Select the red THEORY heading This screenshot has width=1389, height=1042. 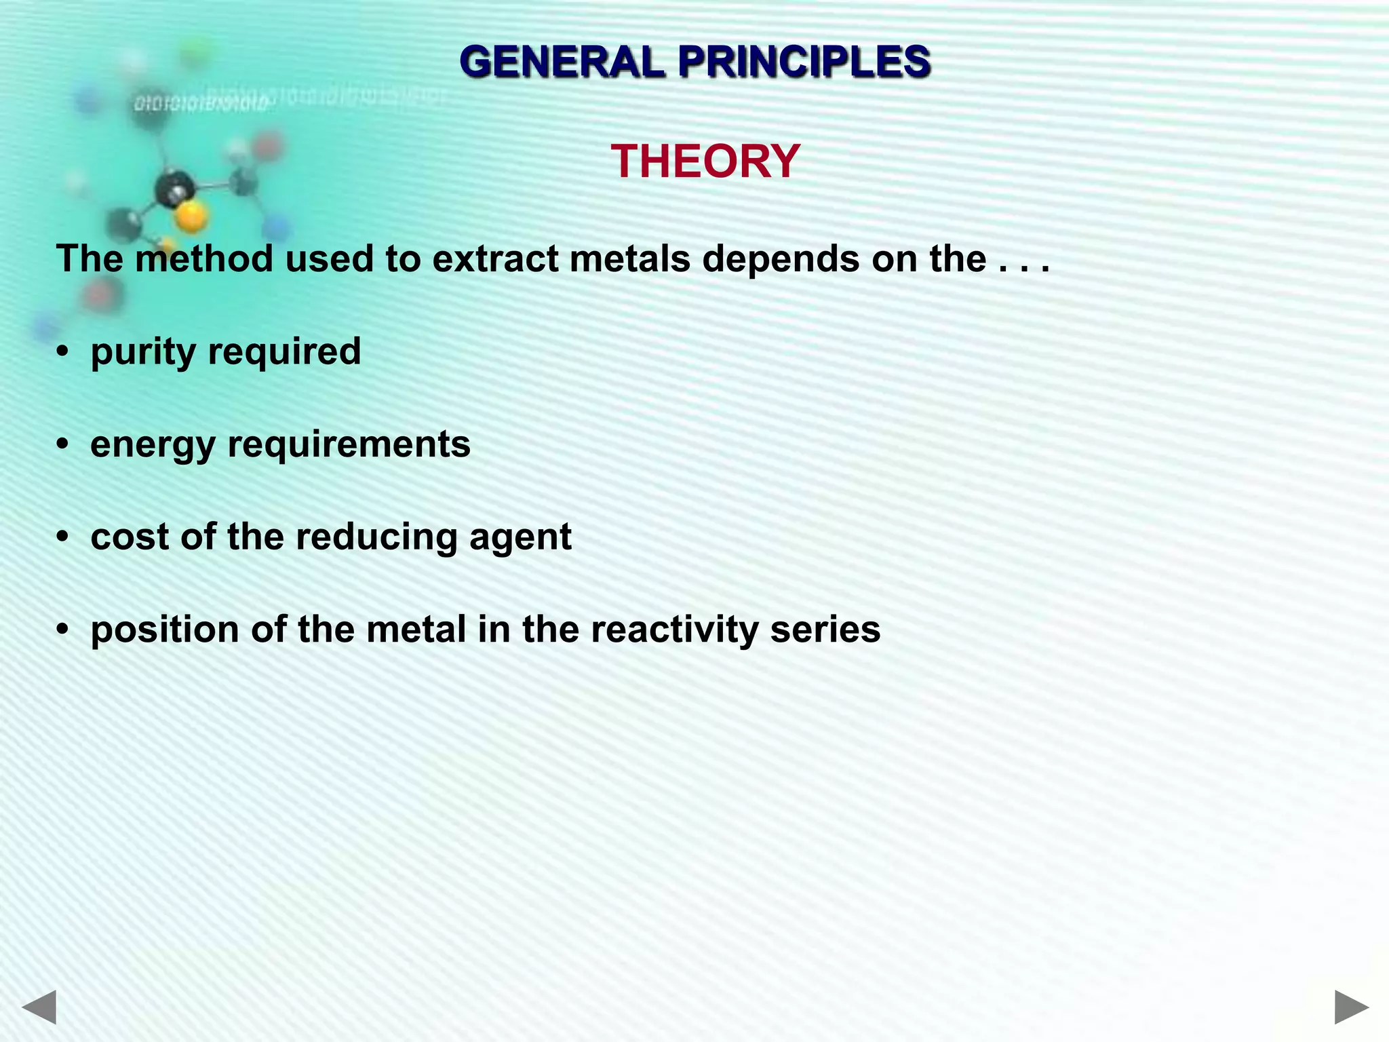[x=705, y=162]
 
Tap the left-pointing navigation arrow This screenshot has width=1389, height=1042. [x=39, y=1007]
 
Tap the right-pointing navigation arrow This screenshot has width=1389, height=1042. [x=1351, y=1007]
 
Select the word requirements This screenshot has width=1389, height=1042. [x=349, y=445]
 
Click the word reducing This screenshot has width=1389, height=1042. [x=376, y=538]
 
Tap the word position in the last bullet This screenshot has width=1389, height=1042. [x=165, y=630]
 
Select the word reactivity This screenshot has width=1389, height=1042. [x=674, y=630]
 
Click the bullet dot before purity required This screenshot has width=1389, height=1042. [x=63, y=352]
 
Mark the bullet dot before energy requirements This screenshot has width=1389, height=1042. [x=63, y=445]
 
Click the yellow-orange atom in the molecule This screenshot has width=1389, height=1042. [x=191, y=217]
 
